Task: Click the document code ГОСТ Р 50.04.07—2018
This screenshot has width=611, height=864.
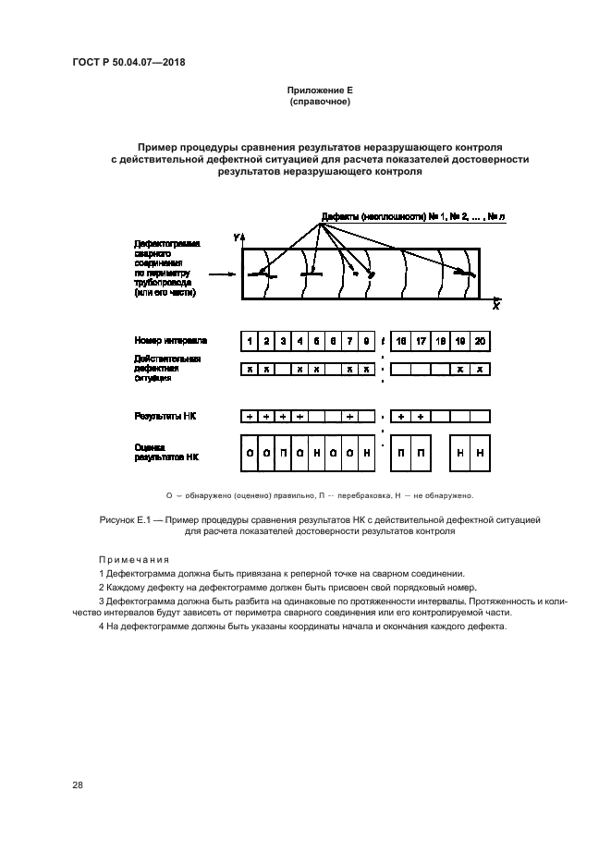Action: click(x=135, y=63)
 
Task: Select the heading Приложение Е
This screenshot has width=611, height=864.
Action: click(x=320, y=91)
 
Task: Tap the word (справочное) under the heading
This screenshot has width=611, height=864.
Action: click(x=320, y=101)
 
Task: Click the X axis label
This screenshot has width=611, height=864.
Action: click(x=495, y=305)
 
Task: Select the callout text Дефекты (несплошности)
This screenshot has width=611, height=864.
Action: click(x=373, y=217)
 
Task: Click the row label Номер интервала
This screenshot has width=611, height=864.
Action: click(x=170, y=340)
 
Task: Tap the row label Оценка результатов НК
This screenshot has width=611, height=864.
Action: click(x=166, y=452)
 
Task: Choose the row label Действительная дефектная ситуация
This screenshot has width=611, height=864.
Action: click(x=167, y=368)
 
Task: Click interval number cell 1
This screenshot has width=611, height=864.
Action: click(x=250, y=342)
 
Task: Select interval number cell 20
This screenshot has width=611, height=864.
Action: click(x=479, y=342)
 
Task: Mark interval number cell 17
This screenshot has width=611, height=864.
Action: click(x=421, y=342)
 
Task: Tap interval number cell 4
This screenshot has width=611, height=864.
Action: click(x=299, y=342)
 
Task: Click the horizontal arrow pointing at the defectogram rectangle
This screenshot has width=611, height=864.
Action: click(x=221, y=274)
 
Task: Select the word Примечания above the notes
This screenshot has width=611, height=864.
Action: click(x=134, y=560)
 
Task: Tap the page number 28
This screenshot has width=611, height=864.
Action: click(x=79, y=785)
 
